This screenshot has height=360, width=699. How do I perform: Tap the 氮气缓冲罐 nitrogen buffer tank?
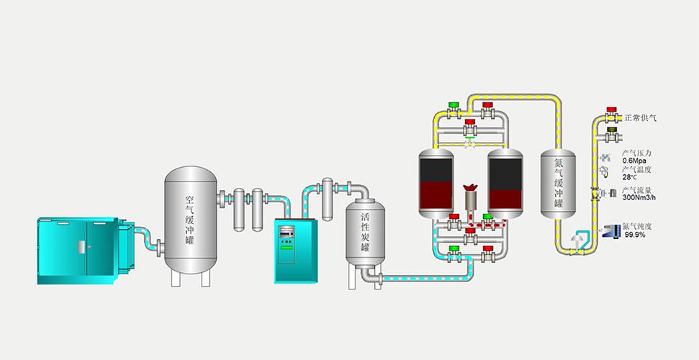coord(558,184)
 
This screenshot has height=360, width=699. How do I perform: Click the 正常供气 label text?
coord(640,118)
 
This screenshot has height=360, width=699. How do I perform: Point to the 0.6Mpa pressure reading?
coord(634,161)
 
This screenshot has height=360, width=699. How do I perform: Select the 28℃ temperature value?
coord(629,177)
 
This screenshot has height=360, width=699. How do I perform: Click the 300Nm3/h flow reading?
coord(639,197)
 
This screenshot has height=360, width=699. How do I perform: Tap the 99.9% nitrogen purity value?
coord(635,234)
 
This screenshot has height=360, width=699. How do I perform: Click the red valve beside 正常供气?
coord(612,114)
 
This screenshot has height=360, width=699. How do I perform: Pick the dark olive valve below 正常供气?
coord(612,133)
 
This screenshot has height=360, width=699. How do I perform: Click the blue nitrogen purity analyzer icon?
coord(611,230)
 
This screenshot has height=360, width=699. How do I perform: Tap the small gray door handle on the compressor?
coord(81,247)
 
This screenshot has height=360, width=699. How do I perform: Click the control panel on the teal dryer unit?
coord(287,243)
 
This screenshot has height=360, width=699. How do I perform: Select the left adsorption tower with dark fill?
coord(436,184)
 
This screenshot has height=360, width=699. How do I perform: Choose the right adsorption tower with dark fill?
coord(505,184)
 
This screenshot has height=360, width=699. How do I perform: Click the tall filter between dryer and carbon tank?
coord(328,199)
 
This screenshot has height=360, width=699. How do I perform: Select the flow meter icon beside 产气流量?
coord(610,193)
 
